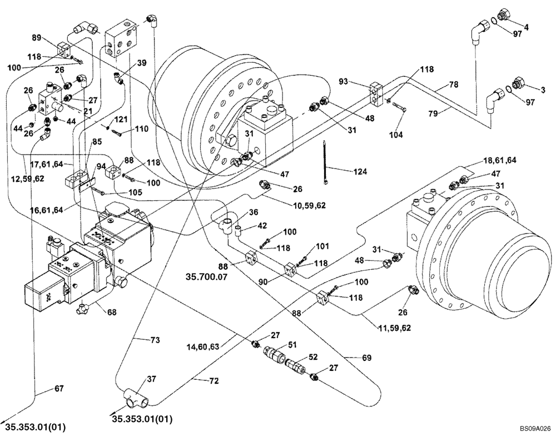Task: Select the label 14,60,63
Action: coord(203,346)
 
